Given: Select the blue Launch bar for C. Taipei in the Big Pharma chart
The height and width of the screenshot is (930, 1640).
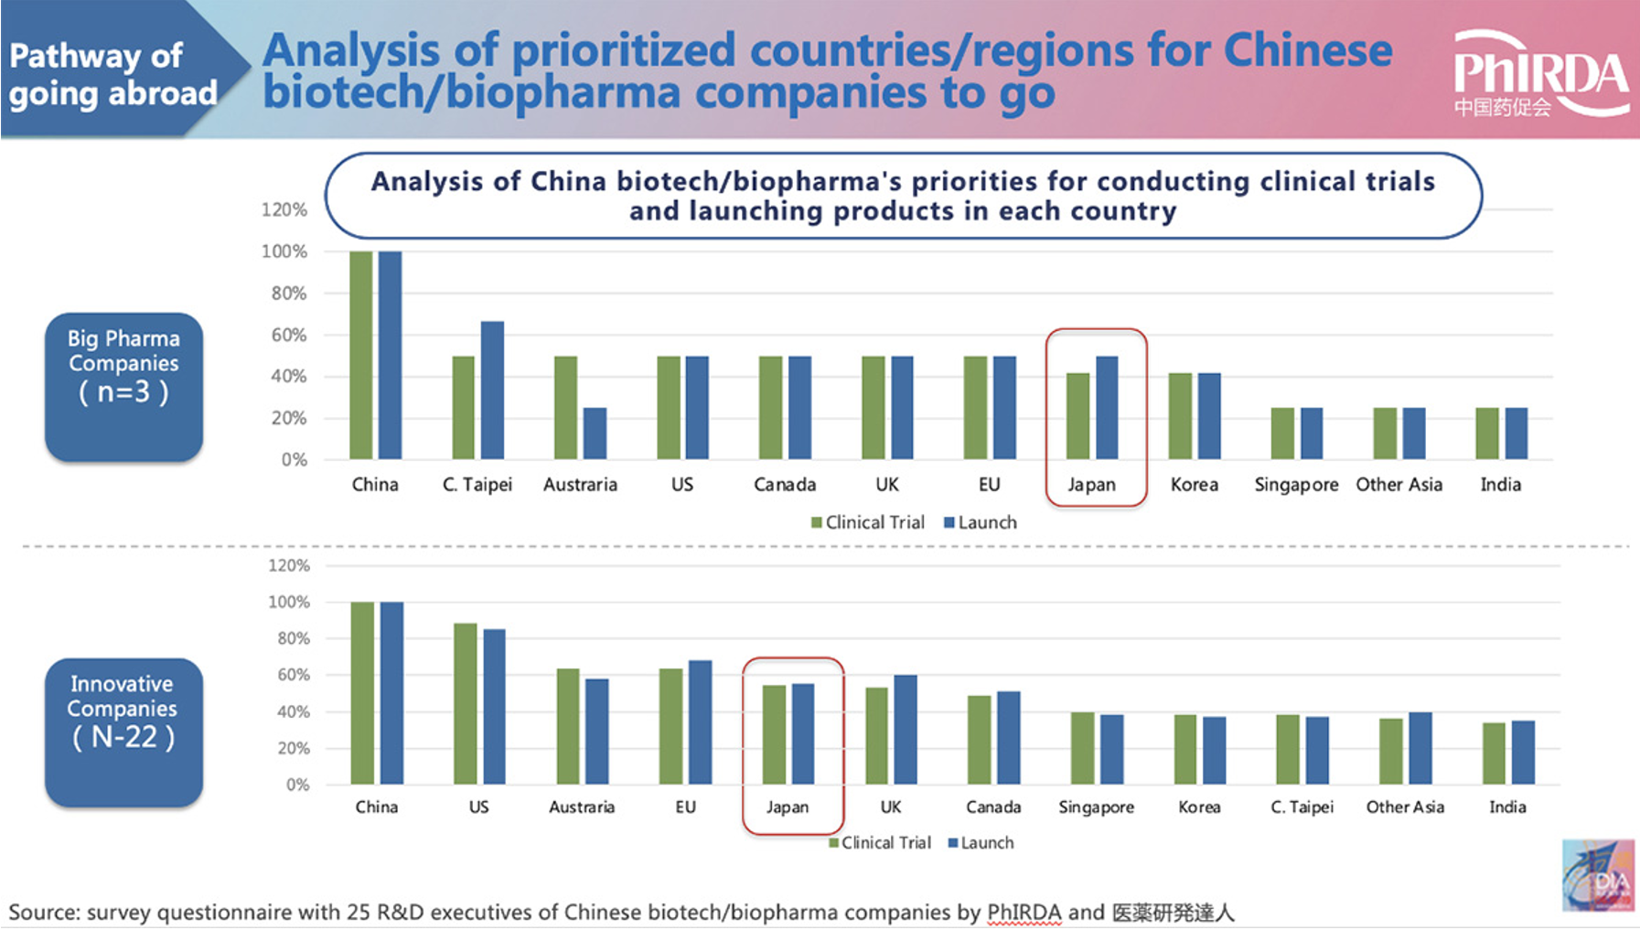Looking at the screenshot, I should (x=492, y=390).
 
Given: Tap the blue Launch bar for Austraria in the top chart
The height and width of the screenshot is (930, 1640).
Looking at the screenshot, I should (x=595, y=433).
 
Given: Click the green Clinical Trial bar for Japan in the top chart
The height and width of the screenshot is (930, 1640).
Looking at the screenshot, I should (x=1078, y=416).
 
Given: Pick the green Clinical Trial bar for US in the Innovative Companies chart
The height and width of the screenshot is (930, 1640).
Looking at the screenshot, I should (x=466, y=703).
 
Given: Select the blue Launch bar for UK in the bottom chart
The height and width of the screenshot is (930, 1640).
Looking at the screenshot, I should (x=906, y=729).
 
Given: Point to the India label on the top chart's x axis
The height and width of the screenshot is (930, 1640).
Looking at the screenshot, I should (x=1500, y=485).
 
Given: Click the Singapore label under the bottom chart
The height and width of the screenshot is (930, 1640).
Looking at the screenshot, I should (x=1096, y=807).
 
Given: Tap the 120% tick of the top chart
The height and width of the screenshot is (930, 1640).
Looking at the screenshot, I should (x=284, y=209).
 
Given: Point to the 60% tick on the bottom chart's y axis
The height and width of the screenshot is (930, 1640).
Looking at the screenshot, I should (x=294, y=675).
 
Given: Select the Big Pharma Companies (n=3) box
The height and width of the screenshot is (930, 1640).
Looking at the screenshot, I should (x=123, y=387).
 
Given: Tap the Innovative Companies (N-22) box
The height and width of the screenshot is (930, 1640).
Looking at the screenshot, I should (x=123, y=732).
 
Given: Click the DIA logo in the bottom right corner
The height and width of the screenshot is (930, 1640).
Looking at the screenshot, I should (x=1597, y=875).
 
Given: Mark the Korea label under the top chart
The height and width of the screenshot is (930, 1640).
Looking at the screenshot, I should (x=1194, y=485).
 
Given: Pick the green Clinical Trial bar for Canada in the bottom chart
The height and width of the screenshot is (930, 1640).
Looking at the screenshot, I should (x=980, y=740).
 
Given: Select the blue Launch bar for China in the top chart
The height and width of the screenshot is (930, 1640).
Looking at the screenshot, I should (x=390, y=355).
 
